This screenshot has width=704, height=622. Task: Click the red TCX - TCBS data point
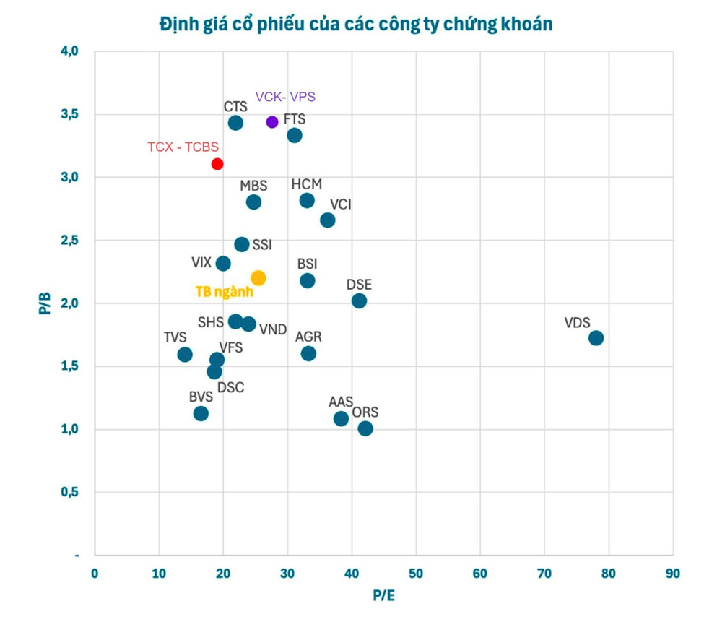pyautogui.click(x=217, y=164)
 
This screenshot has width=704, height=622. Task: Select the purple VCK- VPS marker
pyautogui.click(x=272, y=121)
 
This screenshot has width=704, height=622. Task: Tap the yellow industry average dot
pyautogui.click(x=258, y=278)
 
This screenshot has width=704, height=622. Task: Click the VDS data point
pyautogui.click(x=596, y=338)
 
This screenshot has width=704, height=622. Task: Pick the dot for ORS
pyautogui.click(x=365, y=428)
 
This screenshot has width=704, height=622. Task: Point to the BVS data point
pyautogui.click(x=201, y=413)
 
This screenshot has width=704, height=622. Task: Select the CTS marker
pyautogui.click(x=235, y=123)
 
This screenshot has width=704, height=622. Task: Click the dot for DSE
pyautogui.click(x=359, y=301)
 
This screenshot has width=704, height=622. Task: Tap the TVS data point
pyautogui.click(x=185, y=354)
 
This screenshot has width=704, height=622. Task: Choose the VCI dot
pyautogui.click(x=328, y=220)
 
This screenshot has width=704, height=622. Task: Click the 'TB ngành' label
pyautogui.click(x=225, y=292)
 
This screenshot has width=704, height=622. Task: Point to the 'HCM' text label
pyautogui.click(x=307, y=184)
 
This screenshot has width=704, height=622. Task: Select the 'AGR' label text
pyautogui.click(x=308, y=337)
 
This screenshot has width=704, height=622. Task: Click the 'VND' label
pyautogui.click(x=274, y=329)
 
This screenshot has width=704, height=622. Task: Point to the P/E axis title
pyautogui.click(x=383, y=596)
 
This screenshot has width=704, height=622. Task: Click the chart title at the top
pyautogui.click(x=356, y=24)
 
